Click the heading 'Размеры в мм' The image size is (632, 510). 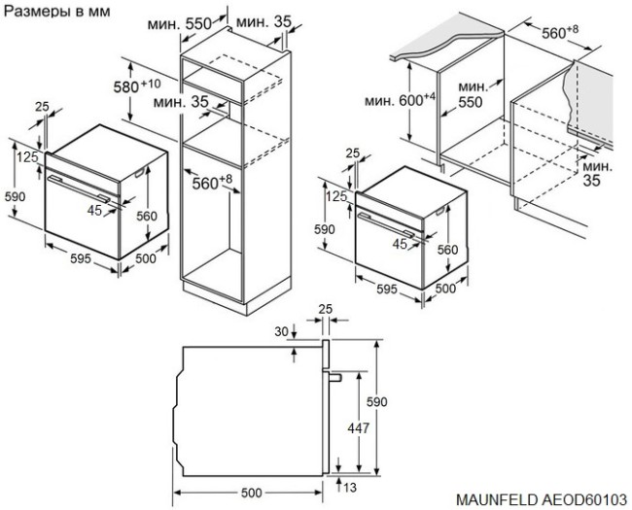[57, 11]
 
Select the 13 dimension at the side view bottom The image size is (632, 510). [348, 486]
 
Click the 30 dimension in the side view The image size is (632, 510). [282, 333]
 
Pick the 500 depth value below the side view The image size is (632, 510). [251, 493]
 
